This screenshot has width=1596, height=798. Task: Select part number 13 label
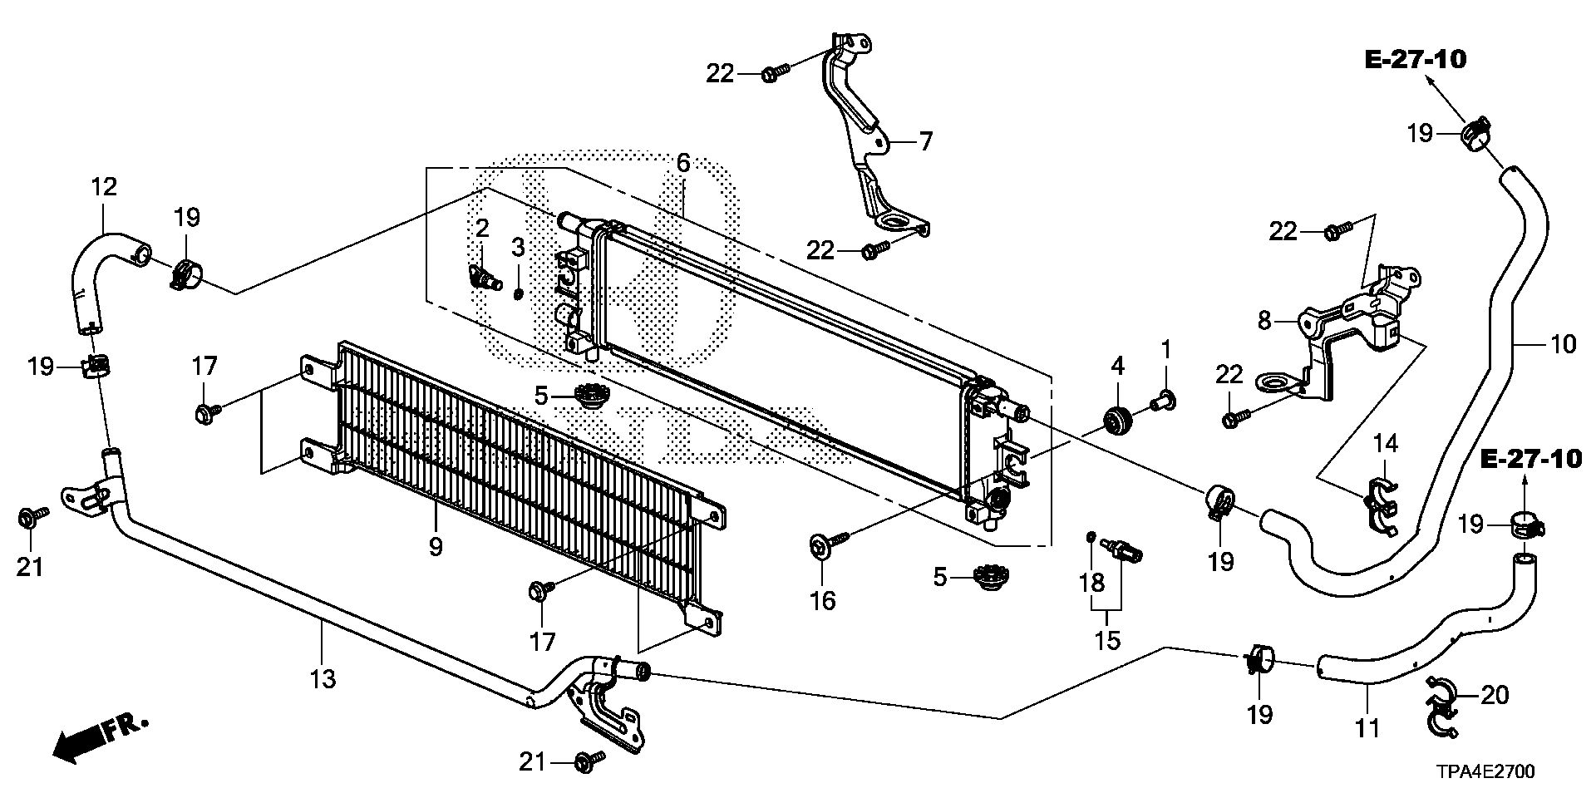point(323,679)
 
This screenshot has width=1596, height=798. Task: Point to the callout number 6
point(683,163)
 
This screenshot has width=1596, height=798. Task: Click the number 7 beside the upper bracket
point(926,141)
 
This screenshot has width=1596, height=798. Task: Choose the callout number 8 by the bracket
point(1265,320)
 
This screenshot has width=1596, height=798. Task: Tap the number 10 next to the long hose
point(1564,343)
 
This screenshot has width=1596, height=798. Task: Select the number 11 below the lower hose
point(1367,729)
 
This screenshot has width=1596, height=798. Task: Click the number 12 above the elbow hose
point(104,186)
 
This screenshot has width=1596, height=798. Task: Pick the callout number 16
point(823,600)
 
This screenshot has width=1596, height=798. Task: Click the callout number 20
point(1495,694)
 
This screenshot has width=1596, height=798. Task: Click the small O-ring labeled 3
point(519,294)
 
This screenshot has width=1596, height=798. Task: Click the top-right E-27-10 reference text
point(1415,59)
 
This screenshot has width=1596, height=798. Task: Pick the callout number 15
point(1108,640)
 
